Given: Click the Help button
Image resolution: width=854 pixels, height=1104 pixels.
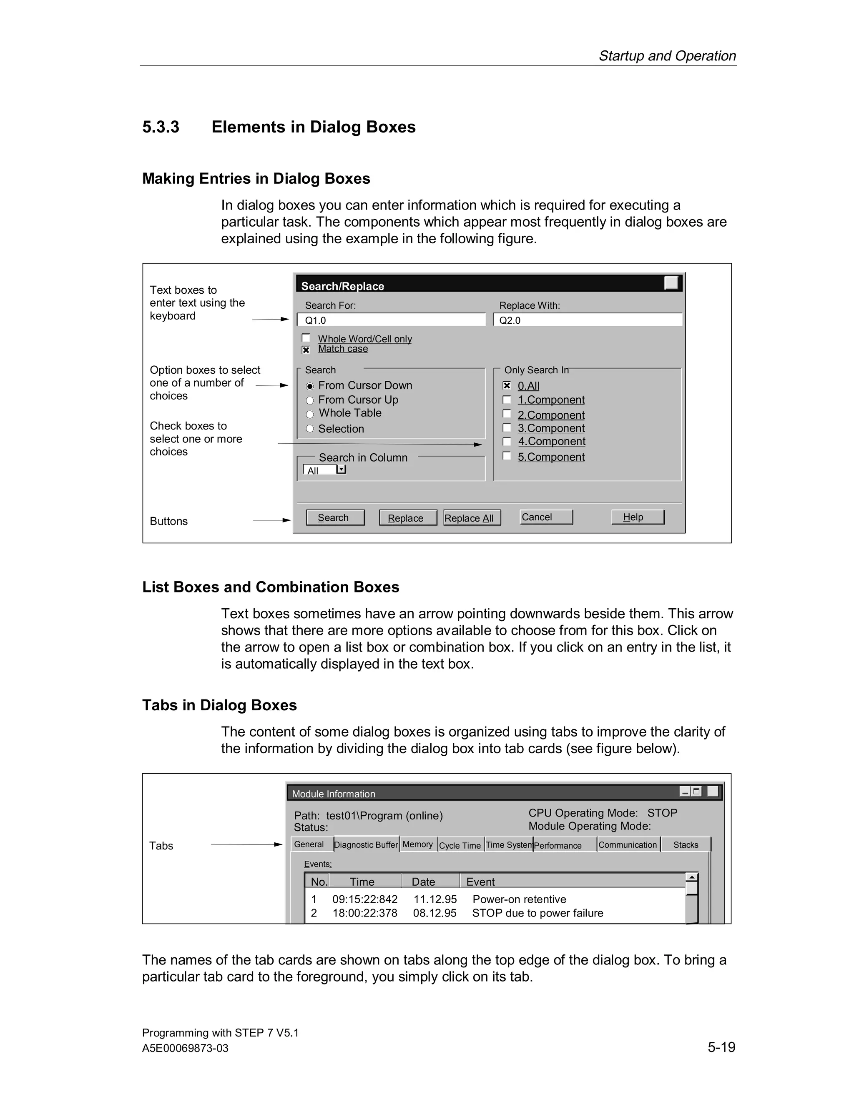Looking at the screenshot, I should pyautogui.click(x=637, y=517).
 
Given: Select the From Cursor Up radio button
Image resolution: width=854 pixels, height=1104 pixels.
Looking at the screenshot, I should pyautogui.click(x=310, y=400).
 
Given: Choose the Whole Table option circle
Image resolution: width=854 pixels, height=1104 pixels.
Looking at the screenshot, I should pyautogui.click(x=310, y=414).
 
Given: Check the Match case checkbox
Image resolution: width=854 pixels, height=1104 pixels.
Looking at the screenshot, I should pyautogui.click(x=306, y=350).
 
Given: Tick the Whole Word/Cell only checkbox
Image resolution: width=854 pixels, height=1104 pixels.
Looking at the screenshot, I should pyautogui.click(x=306, y=338).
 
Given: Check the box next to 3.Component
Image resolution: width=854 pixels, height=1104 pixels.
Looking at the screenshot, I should pyautogui.click(x=506, y=428).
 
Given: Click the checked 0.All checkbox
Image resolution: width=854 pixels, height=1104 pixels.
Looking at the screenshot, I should pyautogui.click(x=506, y=385).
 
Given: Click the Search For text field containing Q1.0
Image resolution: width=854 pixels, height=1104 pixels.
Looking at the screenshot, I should pyautogui.click(x=391, y=320).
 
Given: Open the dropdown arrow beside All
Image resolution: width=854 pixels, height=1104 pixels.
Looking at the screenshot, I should pyautogui.click(x=341, y=470).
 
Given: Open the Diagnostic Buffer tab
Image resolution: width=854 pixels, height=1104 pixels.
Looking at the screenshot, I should pyautogui.click(x=366, y=845).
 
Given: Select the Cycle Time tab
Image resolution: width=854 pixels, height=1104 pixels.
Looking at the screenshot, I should pyautogui.click(x=460, y=845).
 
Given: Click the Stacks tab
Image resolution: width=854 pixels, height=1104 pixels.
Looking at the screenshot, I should pyautogui.click(x=685, y=845).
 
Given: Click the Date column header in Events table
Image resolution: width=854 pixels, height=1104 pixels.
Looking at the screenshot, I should pyautogui.click(x=424, y=882).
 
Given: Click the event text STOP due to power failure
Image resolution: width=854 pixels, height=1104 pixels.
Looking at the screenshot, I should pyautogui.click(x=537, y=913).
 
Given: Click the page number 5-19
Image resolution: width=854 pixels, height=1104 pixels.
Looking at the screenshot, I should pyautogui.click(x=721, y=1047).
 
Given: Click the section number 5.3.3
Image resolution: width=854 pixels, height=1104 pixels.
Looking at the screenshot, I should pyautogui.click(x=161, y=127).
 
